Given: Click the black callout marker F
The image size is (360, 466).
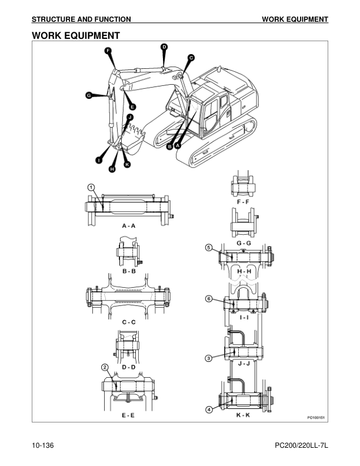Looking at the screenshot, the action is point(108,51).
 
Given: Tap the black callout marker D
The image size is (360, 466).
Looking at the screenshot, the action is point(164,47).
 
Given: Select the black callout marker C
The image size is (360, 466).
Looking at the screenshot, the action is point(191,58).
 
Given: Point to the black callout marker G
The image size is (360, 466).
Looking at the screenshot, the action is point(88,95).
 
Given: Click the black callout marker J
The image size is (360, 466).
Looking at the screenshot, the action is point(130,117).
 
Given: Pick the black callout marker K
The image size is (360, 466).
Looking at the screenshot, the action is point(127,164).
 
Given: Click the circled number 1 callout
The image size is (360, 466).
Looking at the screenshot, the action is point(91,187).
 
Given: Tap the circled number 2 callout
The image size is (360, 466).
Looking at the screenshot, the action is point(105,367).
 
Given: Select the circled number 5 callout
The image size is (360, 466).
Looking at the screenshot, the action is point(209,248).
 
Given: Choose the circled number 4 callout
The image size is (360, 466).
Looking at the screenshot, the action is point(209,410).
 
